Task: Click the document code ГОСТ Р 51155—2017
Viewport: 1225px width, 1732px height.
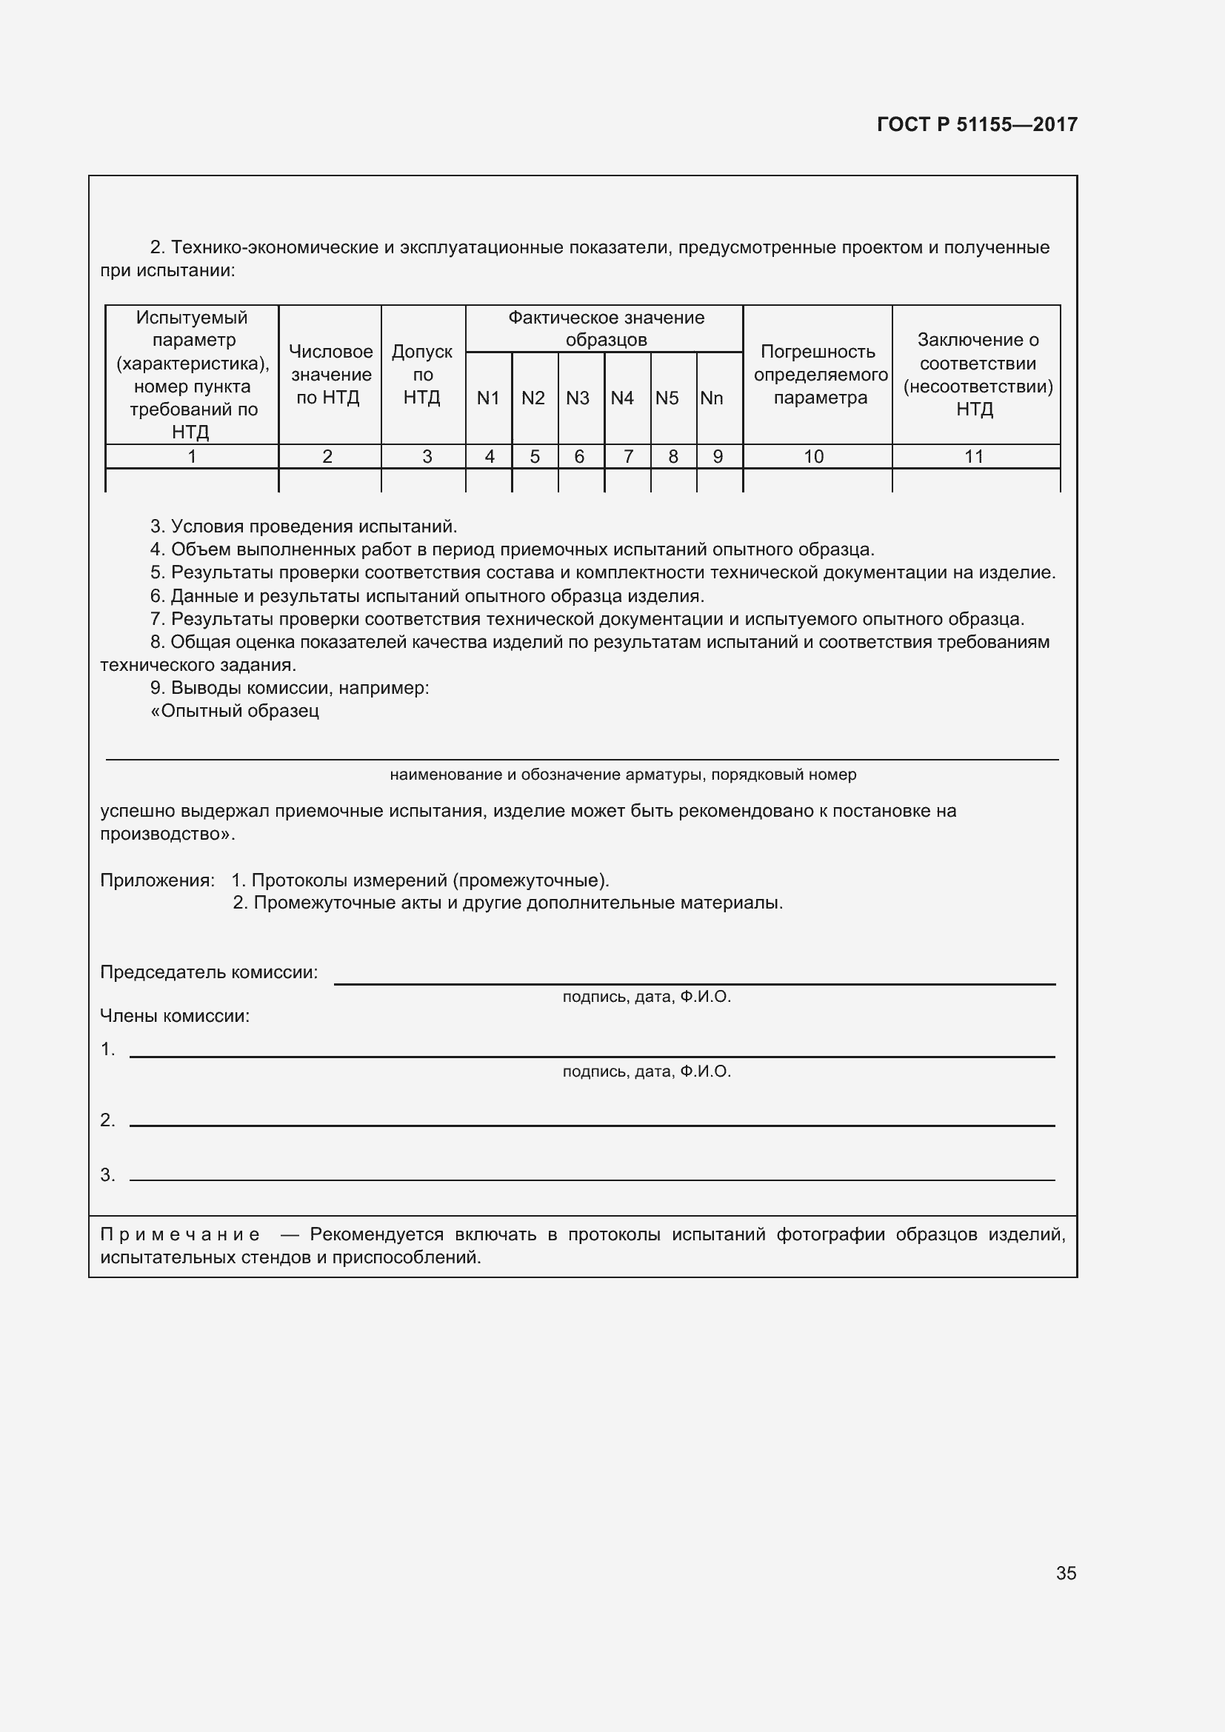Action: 977,124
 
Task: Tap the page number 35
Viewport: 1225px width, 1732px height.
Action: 1066,1573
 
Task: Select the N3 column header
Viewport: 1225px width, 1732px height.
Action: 578,398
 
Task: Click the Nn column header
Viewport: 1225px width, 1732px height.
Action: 711,398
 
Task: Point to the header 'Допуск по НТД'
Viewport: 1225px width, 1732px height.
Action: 422,374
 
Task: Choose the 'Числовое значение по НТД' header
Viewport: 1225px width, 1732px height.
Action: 330,374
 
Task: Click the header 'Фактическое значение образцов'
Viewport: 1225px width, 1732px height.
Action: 606,328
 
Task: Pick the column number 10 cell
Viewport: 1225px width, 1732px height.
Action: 814,456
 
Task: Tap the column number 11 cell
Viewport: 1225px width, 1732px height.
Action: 974,456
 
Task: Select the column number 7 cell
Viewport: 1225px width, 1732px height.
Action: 627,456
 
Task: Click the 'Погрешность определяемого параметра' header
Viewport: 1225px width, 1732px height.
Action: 820,374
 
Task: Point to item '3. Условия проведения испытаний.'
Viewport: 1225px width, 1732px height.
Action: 304,526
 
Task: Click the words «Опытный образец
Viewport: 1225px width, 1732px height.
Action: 235,711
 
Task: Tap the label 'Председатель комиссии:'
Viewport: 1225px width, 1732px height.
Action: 209,972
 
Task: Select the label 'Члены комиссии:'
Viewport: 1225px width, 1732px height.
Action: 175,1016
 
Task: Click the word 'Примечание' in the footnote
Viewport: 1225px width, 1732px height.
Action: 180,1234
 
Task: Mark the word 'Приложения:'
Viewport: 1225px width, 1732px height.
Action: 157,880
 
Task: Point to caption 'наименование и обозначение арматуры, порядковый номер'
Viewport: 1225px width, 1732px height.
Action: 623,775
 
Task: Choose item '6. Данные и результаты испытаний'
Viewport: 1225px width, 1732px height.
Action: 427,596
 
